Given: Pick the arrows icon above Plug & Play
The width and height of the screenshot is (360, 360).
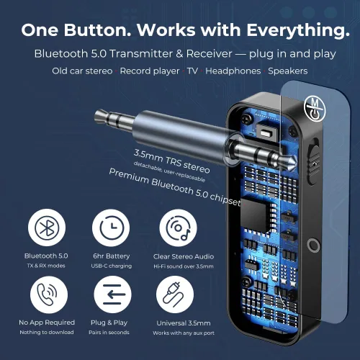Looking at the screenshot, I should (x=112, y=296).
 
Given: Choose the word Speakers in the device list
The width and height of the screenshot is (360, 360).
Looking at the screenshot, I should (x=287, y=71).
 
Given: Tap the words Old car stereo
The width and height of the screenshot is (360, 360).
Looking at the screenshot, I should (x=81, y=71).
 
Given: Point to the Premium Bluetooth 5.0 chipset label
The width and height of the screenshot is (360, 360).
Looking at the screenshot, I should (x=175, y=187).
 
